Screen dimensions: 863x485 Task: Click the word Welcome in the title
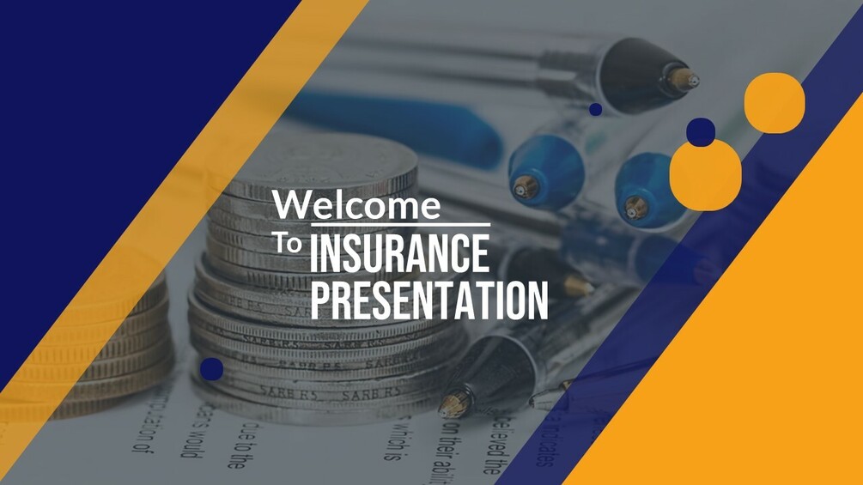356,204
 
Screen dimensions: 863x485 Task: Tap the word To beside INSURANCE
288,243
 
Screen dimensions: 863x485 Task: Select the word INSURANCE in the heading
399,253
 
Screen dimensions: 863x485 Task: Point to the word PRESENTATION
428,300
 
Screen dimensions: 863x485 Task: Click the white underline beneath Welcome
401,225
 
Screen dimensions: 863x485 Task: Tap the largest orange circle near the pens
706,175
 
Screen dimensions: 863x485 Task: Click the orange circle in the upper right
775,103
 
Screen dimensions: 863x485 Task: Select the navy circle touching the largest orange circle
701,132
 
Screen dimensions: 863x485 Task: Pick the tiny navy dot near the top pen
596,109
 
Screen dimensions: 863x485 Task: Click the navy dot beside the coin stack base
211,369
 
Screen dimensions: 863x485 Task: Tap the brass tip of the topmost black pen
684,80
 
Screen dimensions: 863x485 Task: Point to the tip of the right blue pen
635,208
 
